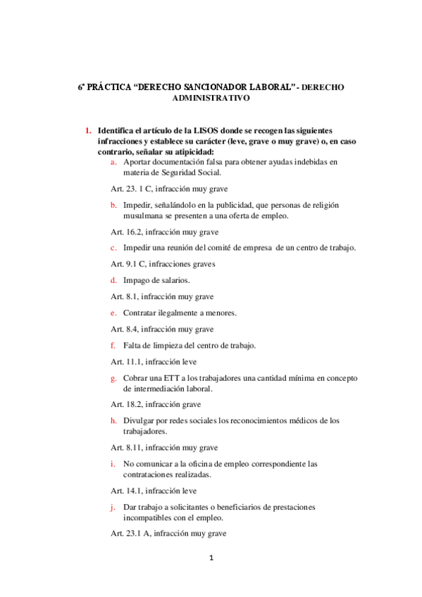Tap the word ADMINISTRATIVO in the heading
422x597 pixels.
pos(211,99)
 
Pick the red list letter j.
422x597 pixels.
pos(113,507)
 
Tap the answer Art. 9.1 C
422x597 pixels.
pos(130,264)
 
